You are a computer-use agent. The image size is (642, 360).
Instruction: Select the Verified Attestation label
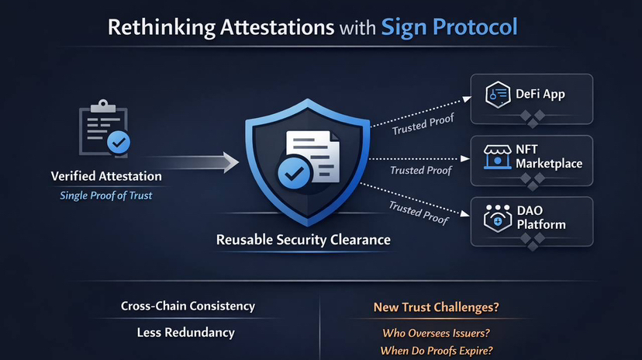pyautogui.click(x=106, y=177)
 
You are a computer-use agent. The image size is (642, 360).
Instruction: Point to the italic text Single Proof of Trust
pyautogui.click(x=106, y=196)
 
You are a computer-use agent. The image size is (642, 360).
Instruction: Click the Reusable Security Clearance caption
pyautogui.click(x=303, y=241)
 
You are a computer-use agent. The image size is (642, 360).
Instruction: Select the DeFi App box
pyautogui.click(x=533, y=95)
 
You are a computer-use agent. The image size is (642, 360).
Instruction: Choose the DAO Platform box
pyautogui.click(x=533, y=217)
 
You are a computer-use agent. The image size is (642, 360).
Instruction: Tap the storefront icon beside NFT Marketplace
pyautogui.click(x=494, y=156)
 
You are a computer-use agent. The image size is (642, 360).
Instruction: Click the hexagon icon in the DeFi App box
pyautogui.click(x=495, y=95)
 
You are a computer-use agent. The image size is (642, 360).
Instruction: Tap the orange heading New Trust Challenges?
pyautogui.click(x=436, y=307)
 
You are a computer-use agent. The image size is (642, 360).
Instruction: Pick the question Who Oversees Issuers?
pyautogui.click(x=437, y=334)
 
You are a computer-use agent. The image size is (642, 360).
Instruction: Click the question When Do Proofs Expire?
pyautogui.click(x=437, y=351)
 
